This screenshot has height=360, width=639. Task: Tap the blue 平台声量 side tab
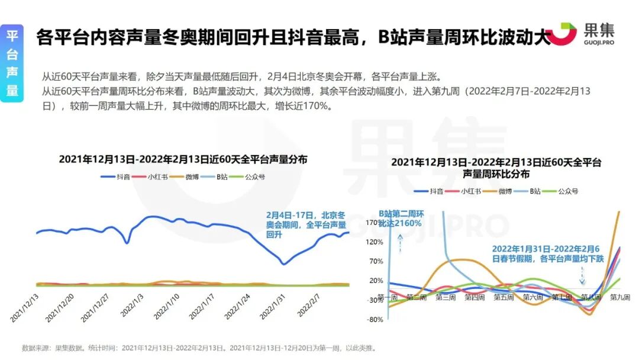pyautogui.click(x=12, y=62)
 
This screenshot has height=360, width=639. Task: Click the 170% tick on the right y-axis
pyautogui.click(x=376, y=223)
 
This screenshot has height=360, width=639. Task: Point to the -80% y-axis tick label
pyautogui.click(x=376, y=320)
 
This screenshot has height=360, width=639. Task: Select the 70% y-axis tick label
pyautogui.click(x=377, y=262)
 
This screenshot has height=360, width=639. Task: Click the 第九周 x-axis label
pyautogui.click(x=619, y=297)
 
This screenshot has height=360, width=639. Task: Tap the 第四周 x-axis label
pyautogui.click(x=473, y=297)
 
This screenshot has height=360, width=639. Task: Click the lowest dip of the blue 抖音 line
pyautogui.click(x=284, y=264)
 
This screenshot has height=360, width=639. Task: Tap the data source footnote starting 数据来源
pyautogui.click(x=199, y=348)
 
